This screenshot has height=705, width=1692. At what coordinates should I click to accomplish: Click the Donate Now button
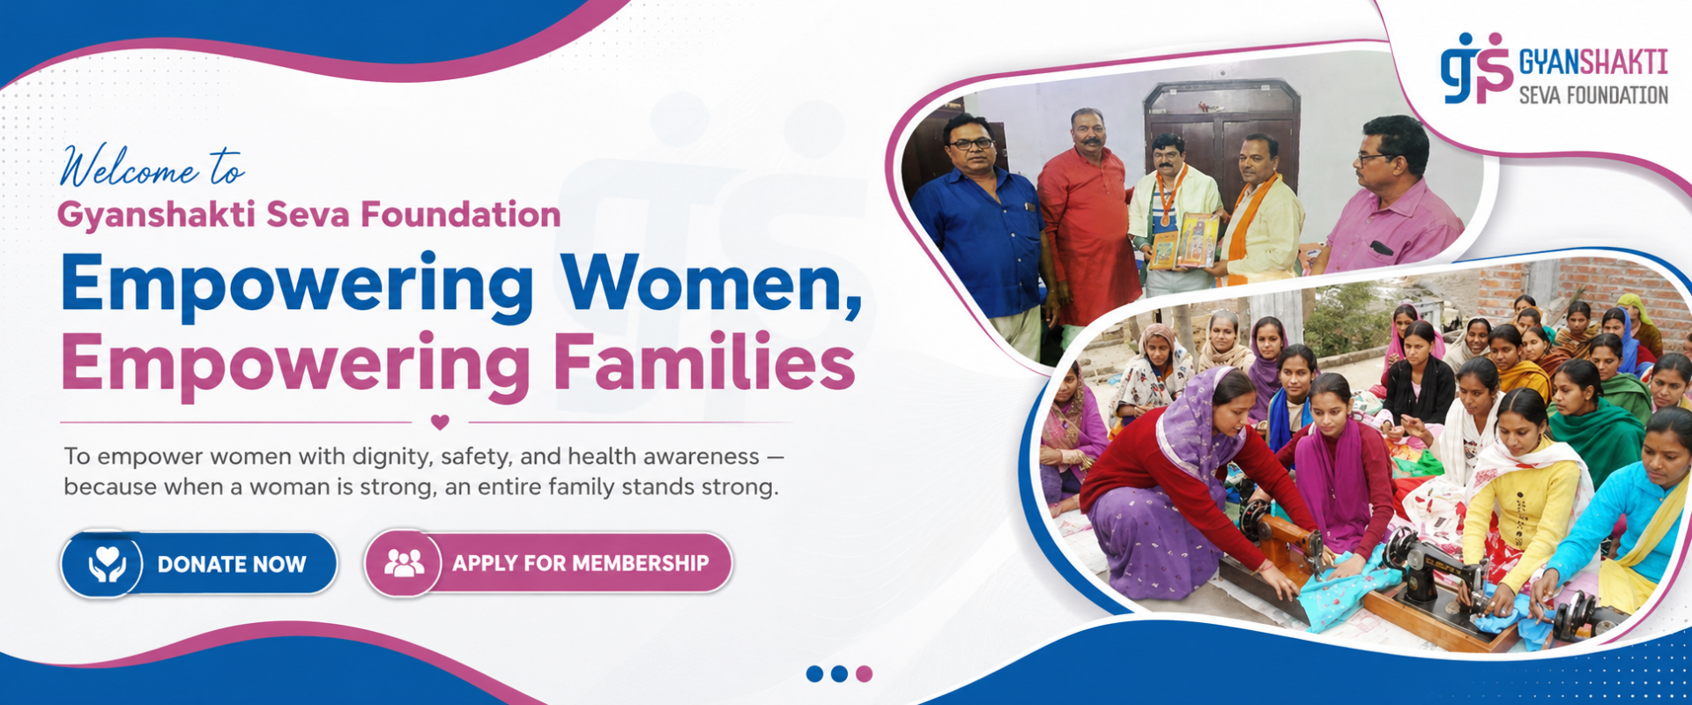(199, 563)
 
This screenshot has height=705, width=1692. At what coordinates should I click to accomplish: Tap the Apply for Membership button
(547, 563)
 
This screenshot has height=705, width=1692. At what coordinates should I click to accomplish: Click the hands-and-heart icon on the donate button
(107, 564)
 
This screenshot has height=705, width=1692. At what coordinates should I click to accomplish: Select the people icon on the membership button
(404, 563)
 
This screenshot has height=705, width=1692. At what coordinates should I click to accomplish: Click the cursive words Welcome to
(152, 167)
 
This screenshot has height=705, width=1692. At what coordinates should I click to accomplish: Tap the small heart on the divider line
(441, 422)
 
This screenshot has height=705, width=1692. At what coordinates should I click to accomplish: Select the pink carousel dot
(865, 674)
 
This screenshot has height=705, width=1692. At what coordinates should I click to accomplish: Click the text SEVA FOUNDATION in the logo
(1593, 94)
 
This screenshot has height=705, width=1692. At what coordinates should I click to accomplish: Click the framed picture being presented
(1197, 241)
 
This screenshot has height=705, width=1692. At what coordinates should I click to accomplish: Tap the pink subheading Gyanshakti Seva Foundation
(309, 215)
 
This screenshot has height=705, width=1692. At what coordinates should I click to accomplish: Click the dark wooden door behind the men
(1223, 132)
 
